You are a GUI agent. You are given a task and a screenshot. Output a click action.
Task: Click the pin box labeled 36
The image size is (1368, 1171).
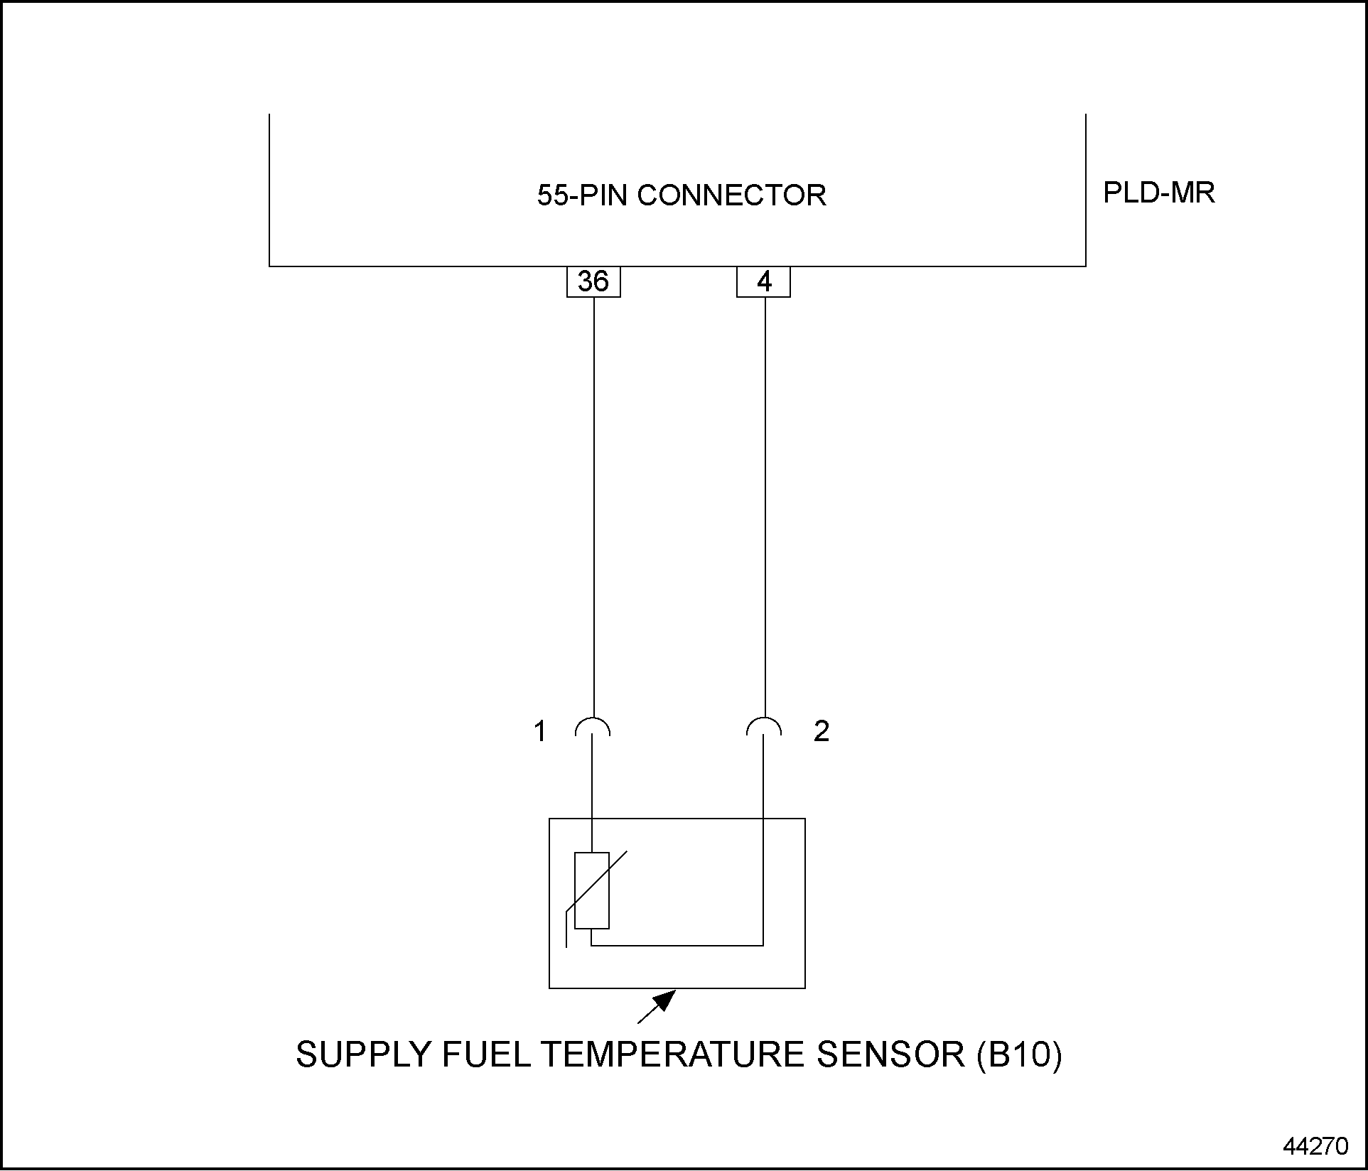[593, 282]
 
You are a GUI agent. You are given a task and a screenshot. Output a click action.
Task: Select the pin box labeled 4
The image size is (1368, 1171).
[764, 282]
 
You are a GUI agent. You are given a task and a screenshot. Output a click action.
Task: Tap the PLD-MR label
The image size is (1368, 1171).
[1158, 193]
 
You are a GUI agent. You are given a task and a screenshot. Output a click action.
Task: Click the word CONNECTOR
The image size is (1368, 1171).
[731, 195]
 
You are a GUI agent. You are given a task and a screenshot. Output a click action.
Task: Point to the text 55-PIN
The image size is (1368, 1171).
[583, 195]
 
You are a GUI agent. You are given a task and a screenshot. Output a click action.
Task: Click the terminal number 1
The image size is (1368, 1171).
[540, 731]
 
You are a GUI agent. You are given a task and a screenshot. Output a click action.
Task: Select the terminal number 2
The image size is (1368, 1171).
[822, 731]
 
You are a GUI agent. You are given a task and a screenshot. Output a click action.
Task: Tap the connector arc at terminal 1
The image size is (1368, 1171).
[592, 726]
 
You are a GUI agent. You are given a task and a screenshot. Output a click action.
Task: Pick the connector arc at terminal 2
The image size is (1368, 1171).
[764, 726]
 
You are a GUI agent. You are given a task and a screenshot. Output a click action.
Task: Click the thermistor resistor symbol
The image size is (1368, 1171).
[592, 890]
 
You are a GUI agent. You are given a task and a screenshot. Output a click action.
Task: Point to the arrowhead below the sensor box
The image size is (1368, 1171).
[664, 1000]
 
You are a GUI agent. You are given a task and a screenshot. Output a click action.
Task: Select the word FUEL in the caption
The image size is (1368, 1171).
[486, 1054]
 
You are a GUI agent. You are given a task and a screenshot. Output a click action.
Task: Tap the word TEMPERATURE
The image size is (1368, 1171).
[674, 1054]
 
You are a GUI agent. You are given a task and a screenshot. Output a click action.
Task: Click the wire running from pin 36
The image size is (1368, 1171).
[593, 497]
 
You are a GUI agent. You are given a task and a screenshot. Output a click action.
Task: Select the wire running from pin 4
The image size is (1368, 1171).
[765, 497]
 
